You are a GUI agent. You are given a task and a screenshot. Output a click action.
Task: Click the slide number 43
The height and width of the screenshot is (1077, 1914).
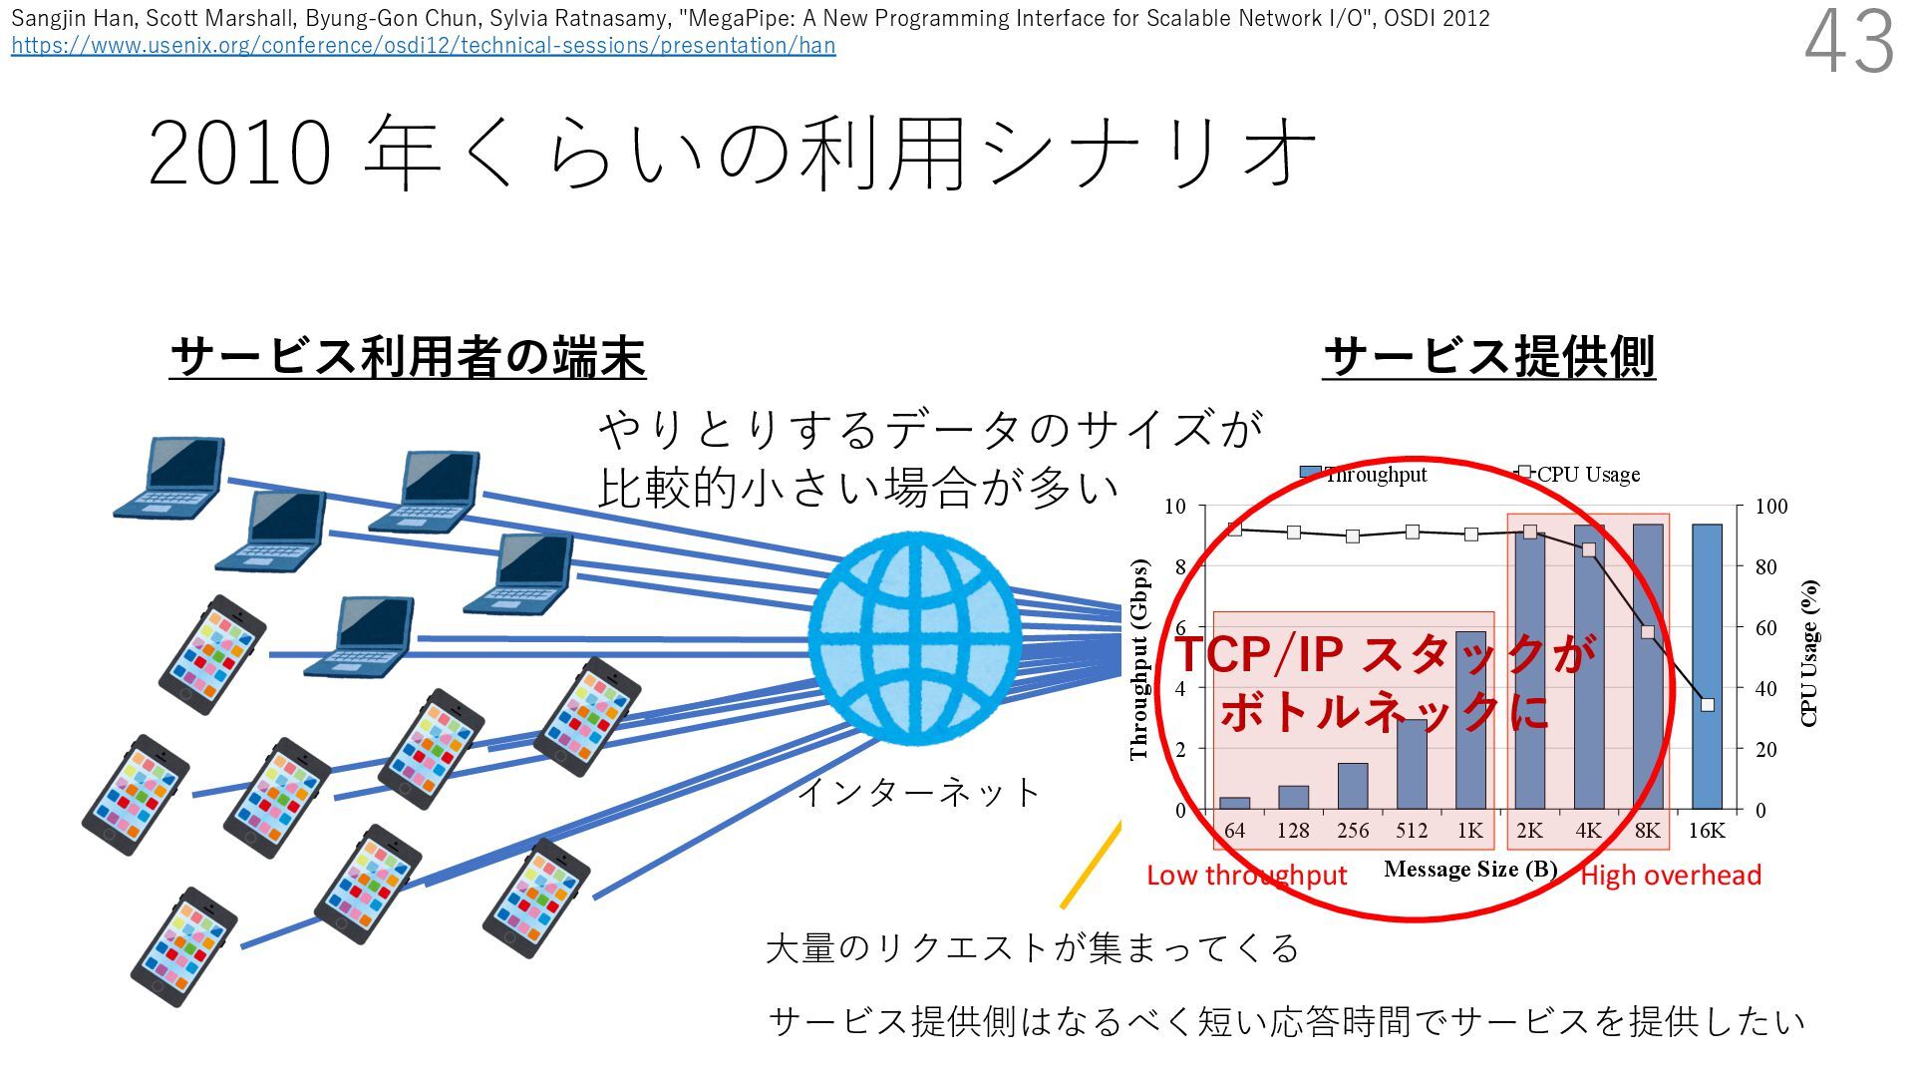tap(1849, 42)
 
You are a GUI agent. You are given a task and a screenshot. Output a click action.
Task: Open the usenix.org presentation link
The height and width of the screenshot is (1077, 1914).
tap(423, 45)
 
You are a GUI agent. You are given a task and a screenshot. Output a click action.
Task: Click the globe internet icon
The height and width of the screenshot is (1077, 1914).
tap(914, 638)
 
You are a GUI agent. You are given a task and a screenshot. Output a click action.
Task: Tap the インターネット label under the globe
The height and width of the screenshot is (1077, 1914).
tap(918, 793)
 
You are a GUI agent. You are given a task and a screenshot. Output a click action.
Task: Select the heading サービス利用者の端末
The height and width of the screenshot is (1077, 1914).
tap(408, 357)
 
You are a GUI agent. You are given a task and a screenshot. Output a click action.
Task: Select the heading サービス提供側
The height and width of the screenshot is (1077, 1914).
tap(1488, 357)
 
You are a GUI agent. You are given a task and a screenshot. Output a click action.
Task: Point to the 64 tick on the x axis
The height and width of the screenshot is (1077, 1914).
tap(1234, 831)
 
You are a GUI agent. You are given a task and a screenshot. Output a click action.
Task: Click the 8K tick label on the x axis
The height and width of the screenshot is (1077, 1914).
tap(1647, 831)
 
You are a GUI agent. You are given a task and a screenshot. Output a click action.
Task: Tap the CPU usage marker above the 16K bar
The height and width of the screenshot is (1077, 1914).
tap(1708, 705)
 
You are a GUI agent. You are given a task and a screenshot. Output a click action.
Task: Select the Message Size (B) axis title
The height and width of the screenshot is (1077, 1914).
tap(1470, 870)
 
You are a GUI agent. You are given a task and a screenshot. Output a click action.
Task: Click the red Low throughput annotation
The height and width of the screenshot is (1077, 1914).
tap(1246, 876)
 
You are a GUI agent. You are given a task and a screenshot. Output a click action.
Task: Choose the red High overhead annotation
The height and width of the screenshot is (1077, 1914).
tap(1671, 876)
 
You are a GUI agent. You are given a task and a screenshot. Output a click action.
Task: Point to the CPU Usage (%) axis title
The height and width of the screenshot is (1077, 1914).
tap(1810, 653)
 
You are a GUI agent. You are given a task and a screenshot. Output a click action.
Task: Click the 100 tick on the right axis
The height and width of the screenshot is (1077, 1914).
tap(1771, 507)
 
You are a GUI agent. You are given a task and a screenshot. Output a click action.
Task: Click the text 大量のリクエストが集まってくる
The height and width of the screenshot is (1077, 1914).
tap(1032, 947)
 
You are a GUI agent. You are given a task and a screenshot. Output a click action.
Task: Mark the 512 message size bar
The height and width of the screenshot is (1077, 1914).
tap(1412, 764)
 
